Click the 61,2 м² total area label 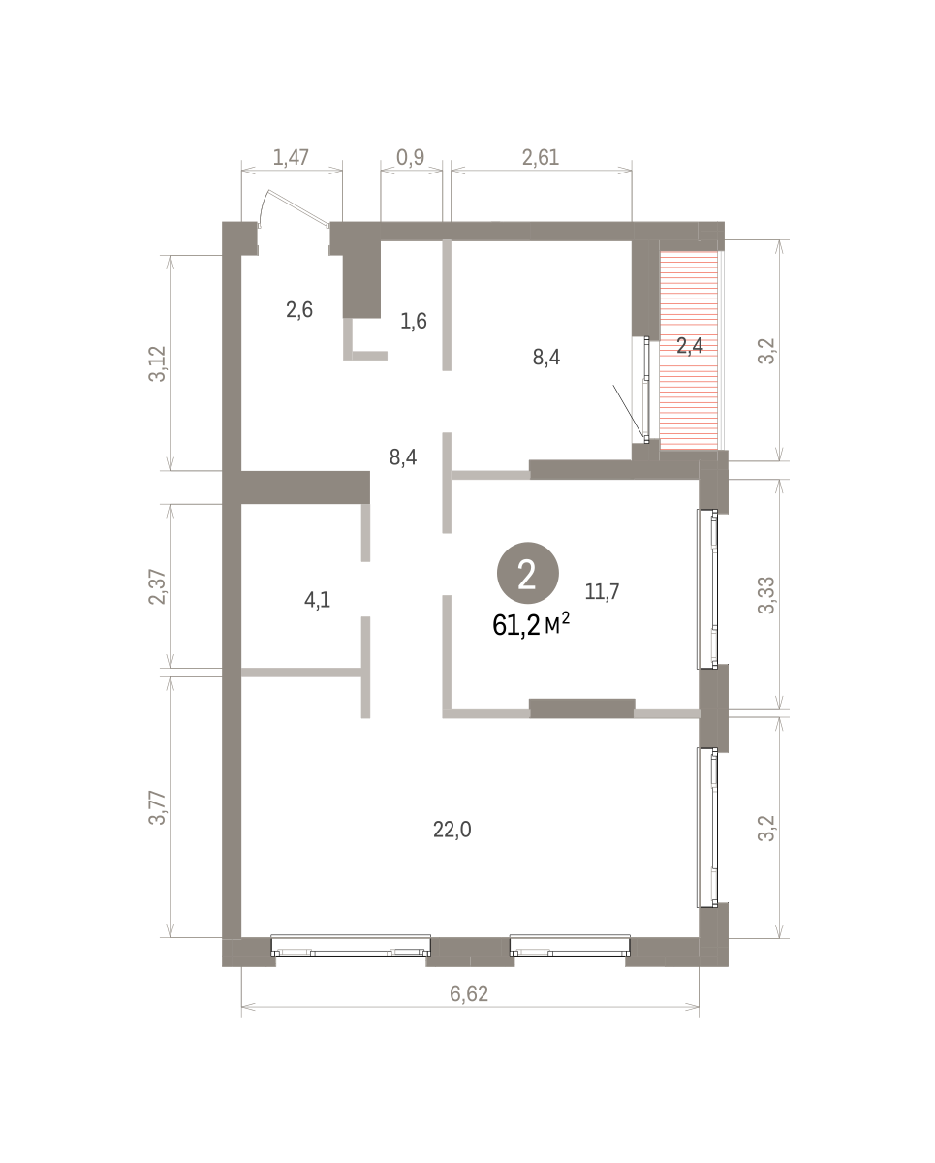[531, 625]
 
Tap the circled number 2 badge [527, 573]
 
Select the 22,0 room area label [452, 829]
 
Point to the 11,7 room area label [602, 592]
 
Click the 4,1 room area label [317, 600]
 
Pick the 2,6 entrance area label [298, 310]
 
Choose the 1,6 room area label [414, 321]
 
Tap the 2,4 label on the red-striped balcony [690, 345]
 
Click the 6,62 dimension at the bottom [469, 993]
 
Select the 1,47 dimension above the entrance [291, 157]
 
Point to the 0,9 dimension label [410, 157]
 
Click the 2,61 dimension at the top [540, 157]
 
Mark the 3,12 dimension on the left [157, 363]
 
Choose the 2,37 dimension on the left [157, 587]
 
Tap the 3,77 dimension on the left [157, 807]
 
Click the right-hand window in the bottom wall [570, 945]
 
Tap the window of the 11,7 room [707, 589]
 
